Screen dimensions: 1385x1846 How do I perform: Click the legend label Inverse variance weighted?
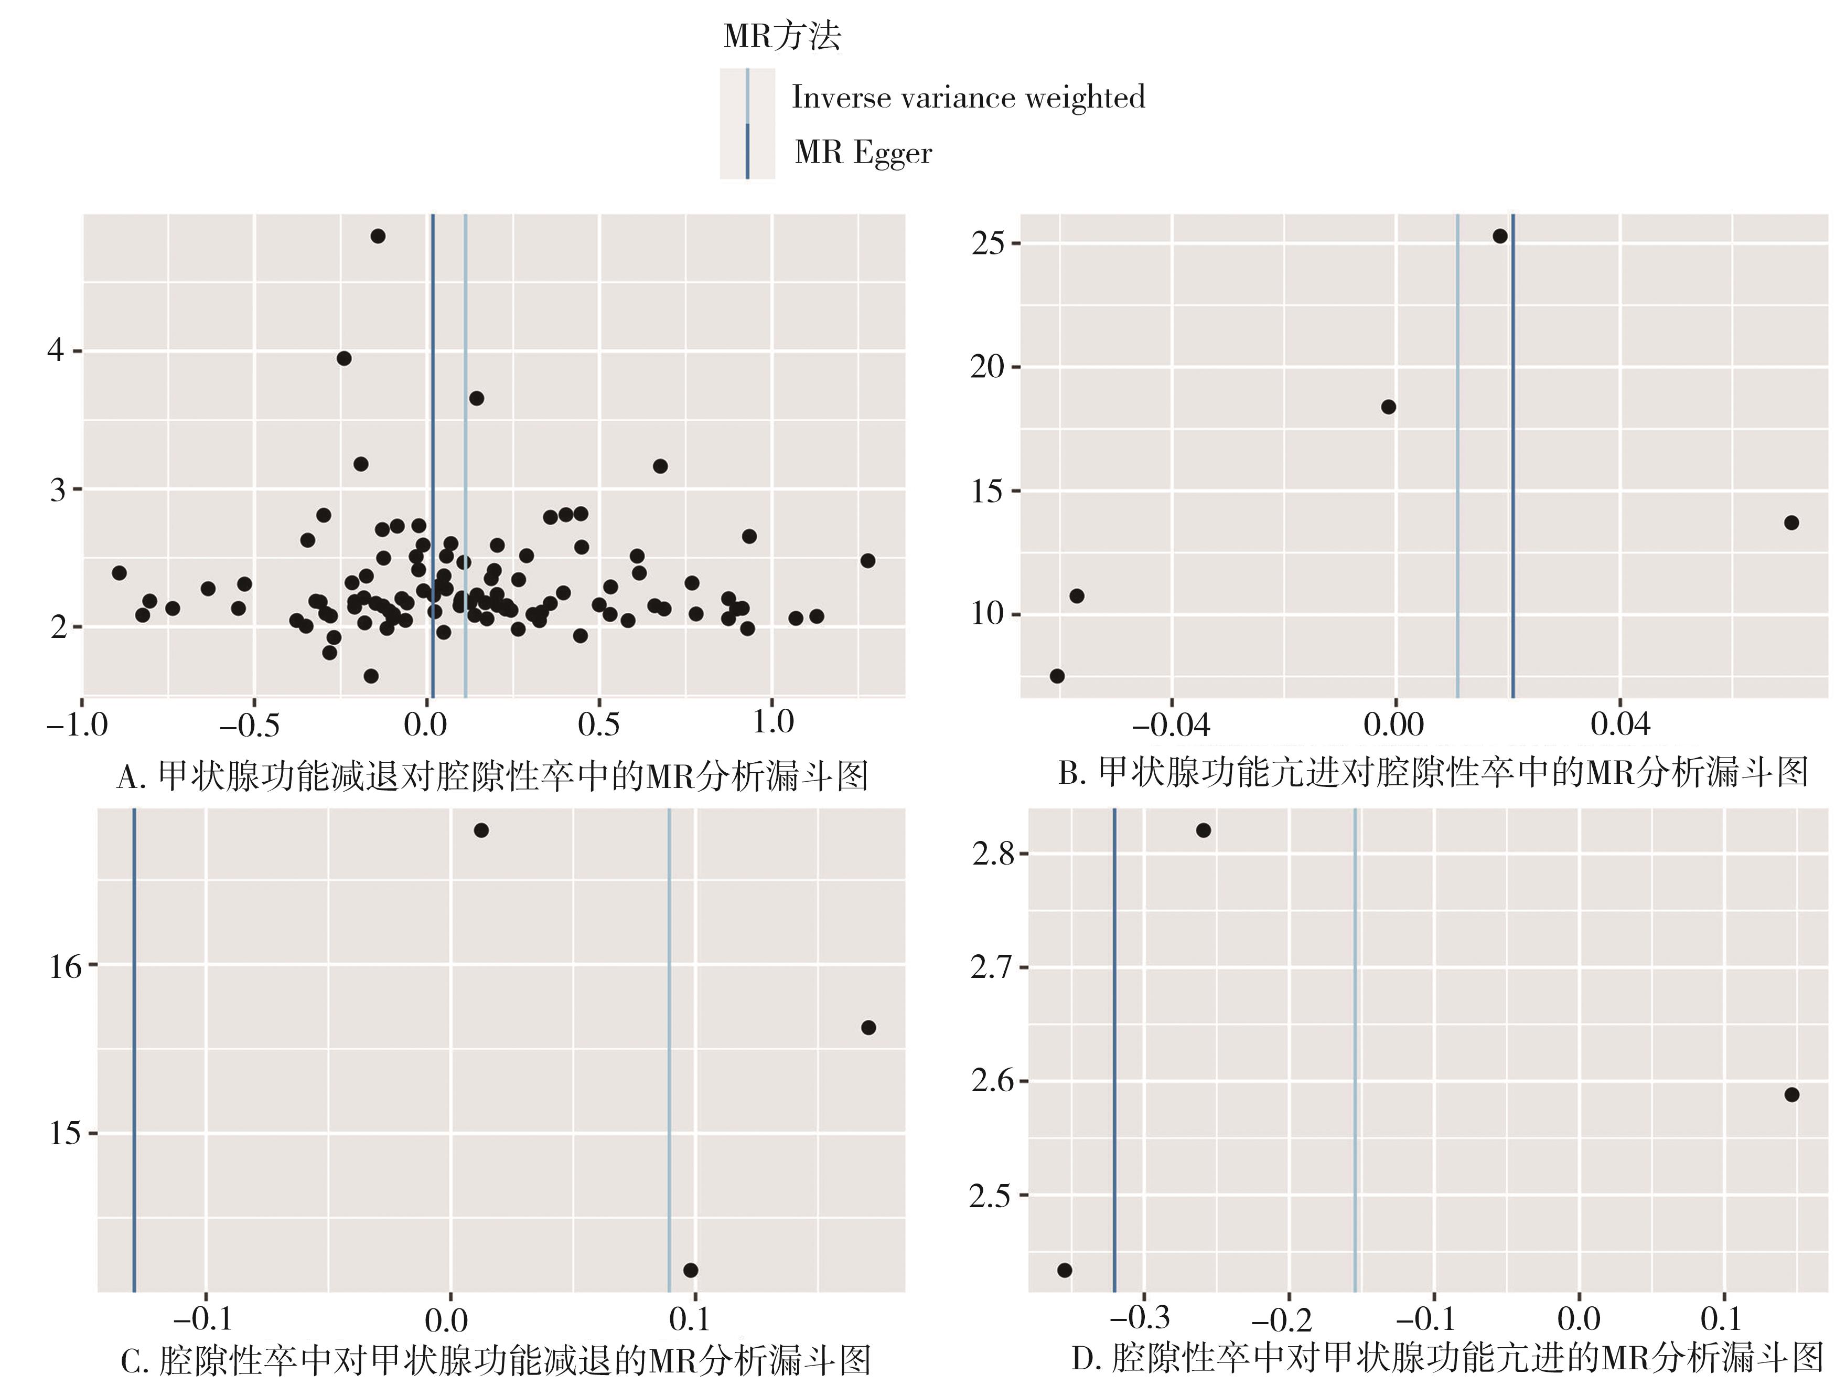pyautogui.click(x=968, y=98)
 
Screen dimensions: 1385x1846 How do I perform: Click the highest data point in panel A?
pyautogui.click(x=378, y=236)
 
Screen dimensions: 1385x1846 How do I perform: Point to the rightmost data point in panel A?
pyautogui.click(x=868, y=560)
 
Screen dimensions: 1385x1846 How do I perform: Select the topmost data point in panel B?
pyautogui.click(x=1500, y=236)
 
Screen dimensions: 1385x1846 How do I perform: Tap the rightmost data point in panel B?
pyautogui.click(x=1791, y=523)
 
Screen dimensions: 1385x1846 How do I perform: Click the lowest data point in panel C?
pyautogui.click(x=690, y=1270)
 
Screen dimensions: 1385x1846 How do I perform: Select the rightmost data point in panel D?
pyautogui.click(x=1791, y=1094)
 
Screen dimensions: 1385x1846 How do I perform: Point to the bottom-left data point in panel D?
pyautogui.click(x=1064, y=1270)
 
